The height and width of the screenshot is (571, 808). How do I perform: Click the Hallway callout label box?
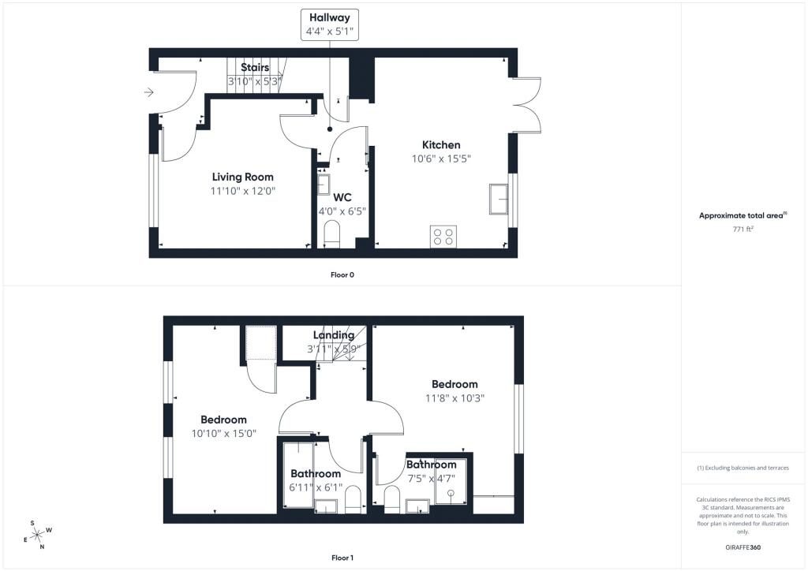331,24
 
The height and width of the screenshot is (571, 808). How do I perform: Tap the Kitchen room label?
441,145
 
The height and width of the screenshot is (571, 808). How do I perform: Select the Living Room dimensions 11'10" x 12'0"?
243,191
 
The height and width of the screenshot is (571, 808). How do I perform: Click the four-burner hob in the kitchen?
443,237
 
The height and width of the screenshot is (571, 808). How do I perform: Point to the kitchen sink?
499,199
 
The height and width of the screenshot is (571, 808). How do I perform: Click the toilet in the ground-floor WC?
332,235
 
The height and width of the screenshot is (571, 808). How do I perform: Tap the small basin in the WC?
324,185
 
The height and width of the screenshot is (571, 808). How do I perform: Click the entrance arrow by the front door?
148,93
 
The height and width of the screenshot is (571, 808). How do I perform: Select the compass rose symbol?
37,534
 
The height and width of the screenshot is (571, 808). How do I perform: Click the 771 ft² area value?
743,228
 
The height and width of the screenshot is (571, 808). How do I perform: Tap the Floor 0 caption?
342,275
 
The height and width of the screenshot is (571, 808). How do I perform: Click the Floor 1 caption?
342,558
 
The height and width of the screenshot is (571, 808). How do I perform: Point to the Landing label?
333,335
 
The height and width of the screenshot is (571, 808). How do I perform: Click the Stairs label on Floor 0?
255,68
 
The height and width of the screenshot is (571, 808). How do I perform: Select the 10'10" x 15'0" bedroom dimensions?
223,433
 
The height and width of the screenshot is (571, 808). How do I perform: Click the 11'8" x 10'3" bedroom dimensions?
454,398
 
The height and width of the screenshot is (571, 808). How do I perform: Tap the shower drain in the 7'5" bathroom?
451,494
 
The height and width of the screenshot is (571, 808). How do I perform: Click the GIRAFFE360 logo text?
743,547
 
